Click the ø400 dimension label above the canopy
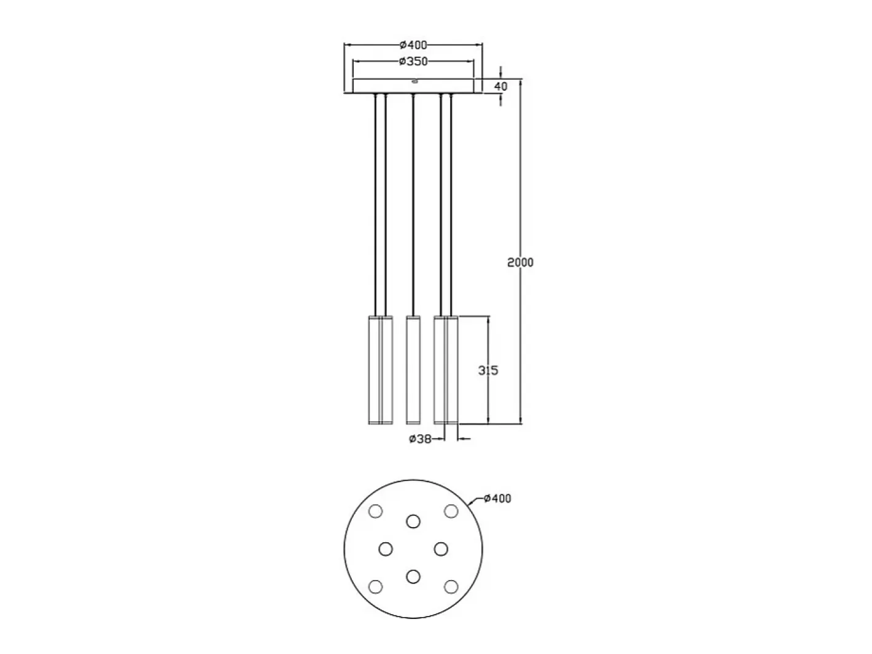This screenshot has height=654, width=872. (x=413, y=45)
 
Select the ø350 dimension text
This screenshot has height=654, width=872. (x=413, y=61)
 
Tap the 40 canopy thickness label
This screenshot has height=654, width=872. (x=500, y=86)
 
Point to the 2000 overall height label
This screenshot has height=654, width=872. (x=520, y=262)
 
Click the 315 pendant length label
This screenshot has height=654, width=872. (x=488, y=370)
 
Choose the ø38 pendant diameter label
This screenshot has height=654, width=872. (x=420, y=439)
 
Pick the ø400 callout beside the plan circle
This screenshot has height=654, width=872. (x=497, y=499)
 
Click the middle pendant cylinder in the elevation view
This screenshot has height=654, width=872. (x=413, y=370)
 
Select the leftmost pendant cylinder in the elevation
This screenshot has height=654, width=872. (x=375, y=370)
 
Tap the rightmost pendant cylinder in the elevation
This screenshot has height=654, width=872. (x=451, y=370)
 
